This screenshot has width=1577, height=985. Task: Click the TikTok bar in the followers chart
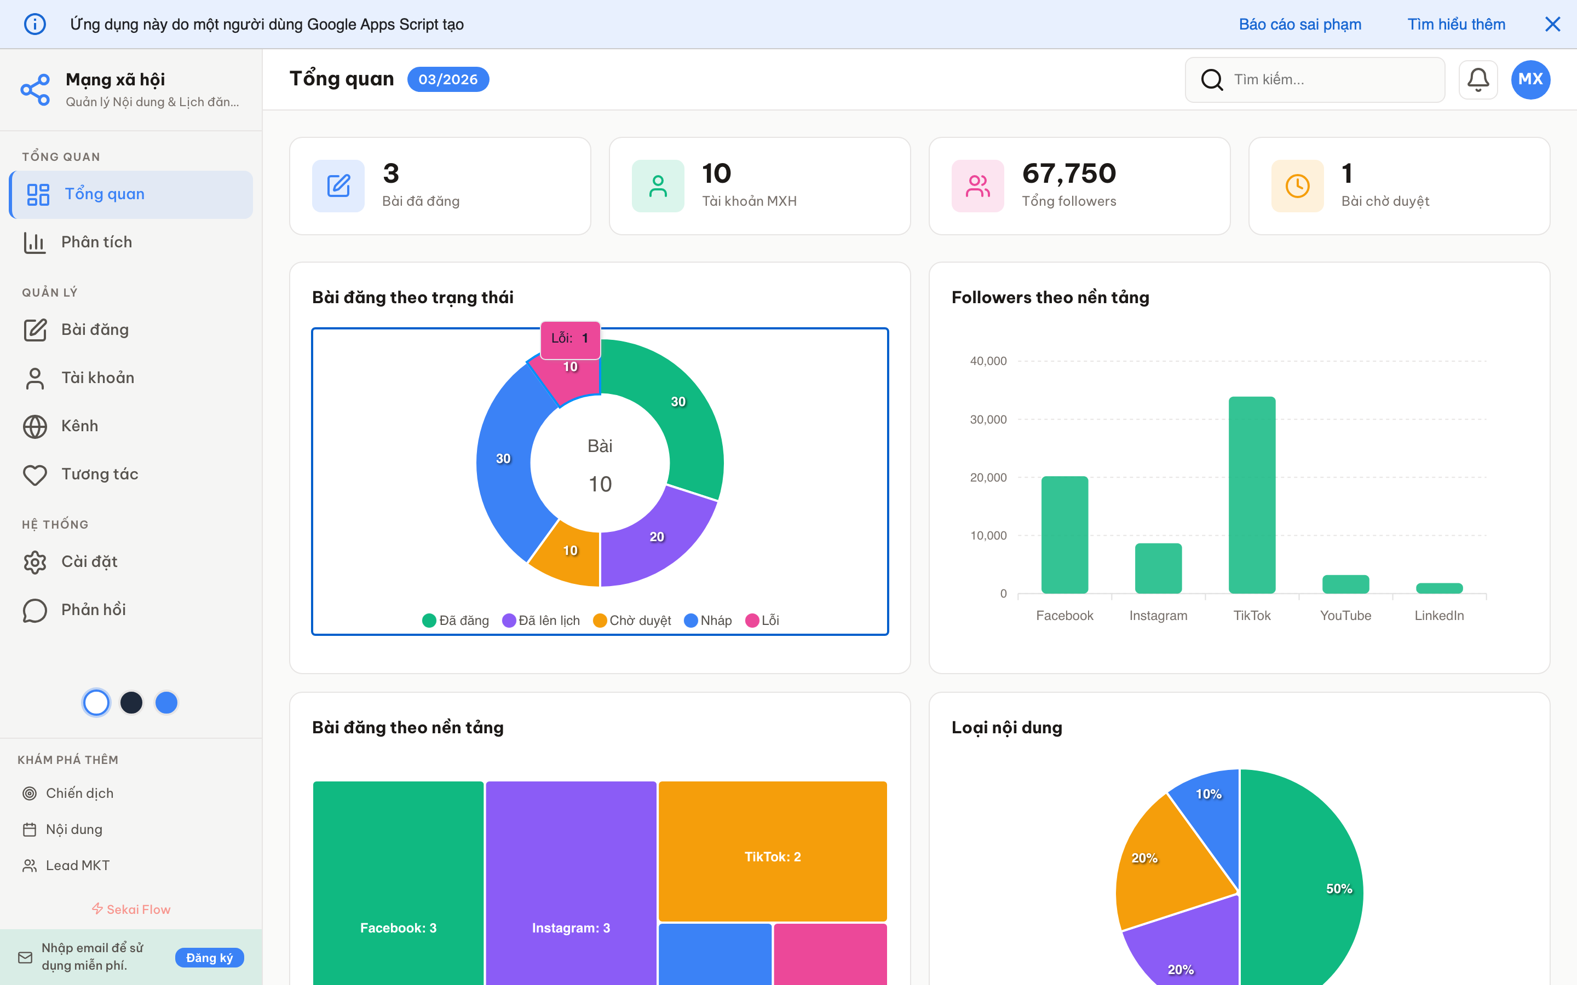[x=1251, y=495]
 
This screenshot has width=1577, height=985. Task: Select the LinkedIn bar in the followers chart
[x=1439, y=588]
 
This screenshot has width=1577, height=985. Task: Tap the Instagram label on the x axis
[x=1158, y=616]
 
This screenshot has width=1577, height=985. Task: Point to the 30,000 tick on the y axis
[x=988, y=420]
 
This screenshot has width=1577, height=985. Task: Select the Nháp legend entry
[x=709, y=620]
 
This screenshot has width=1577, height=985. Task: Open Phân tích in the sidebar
[x=96, y=242]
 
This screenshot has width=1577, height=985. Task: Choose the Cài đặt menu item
[x=89, y=561]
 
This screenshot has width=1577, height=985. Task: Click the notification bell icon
[x=1477, y=79]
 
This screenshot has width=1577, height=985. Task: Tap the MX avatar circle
[x=1530, y=79]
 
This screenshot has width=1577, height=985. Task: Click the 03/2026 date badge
[x=448, y=79]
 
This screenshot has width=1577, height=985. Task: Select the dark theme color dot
[x=131, y=702]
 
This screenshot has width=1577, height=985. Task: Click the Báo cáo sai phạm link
[x=1299, y=24]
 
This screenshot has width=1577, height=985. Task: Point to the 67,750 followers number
[x=1069, y=173]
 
